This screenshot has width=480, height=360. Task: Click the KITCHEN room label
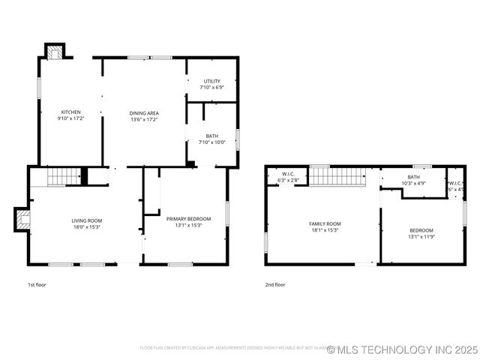(70, 112)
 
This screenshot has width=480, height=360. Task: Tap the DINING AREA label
(144, 113)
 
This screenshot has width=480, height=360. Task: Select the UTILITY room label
(211, 81)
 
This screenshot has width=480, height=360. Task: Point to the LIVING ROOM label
(86, 220)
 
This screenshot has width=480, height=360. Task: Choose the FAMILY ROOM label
(325, 223)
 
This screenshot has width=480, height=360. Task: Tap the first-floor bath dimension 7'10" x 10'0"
(212, 142)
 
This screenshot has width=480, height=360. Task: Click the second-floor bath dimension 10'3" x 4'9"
(413, 183)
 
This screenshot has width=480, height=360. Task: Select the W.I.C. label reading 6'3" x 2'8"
(288, 181)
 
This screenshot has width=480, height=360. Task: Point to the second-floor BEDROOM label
(421, 231)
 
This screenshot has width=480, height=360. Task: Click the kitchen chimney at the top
(55, 52)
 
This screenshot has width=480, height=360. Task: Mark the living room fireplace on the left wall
(23, 220)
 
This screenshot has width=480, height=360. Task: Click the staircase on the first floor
(64, 177)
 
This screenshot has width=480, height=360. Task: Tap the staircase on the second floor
(337, 177)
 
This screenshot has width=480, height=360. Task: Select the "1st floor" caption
(37, 285)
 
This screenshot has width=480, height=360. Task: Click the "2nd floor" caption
(274, 285)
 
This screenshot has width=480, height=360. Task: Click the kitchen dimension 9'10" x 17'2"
(70, 118)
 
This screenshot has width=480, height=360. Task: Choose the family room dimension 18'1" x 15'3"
(325, 230)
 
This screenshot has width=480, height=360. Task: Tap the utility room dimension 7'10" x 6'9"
(211, 88)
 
